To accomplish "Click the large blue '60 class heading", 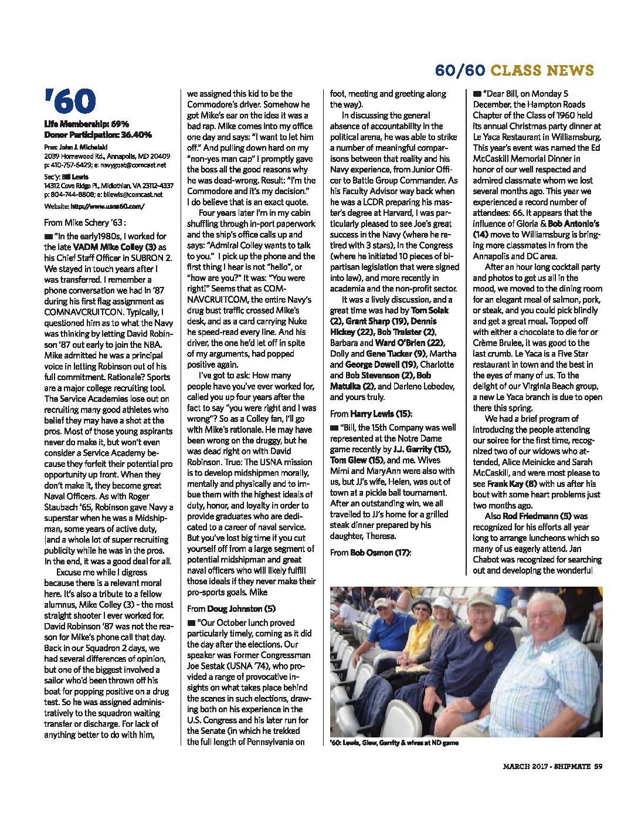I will click(x=70, y=103).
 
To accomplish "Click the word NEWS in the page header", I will click(x=570, y=71).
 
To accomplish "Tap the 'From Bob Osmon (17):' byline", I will click(x=370, y=553).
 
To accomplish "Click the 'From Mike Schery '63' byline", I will click(x=85, y=222).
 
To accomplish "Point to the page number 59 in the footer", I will click(x=598, y=766).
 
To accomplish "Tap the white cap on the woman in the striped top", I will click(x=442, y=602).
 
